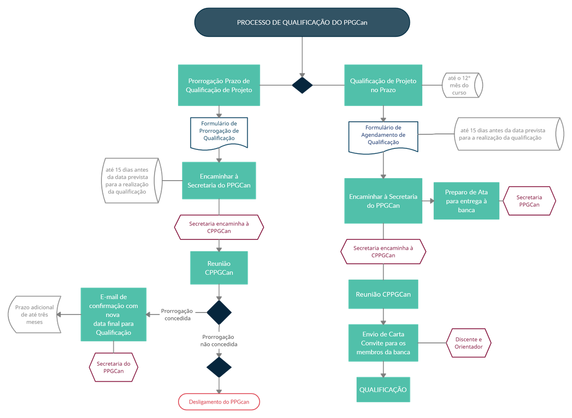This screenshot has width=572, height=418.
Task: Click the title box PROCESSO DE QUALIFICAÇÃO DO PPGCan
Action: click(302, 22)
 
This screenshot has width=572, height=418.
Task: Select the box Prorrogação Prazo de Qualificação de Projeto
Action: click(219, 86)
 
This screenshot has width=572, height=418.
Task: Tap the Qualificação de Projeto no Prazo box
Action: click(383, 86)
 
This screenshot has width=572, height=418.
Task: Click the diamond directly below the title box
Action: click(302, 85)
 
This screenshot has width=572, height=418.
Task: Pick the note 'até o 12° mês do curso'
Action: click(462, 86)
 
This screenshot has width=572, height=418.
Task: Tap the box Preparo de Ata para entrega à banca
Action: click(466, 201)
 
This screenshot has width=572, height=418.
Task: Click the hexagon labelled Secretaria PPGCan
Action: click(529, 201)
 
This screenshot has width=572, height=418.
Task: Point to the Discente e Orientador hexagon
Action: click(469, 343)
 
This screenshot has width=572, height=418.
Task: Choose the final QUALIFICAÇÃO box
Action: click(383, 390)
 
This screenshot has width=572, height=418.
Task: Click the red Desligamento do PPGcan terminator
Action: click(219, 402)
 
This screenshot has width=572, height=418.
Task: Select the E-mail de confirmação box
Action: click(113, 314)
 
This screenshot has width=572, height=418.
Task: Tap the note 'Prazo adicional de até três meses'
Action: click(35, 314)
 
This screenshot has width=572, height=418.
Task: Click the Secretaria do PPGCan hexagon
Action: click(113, 367)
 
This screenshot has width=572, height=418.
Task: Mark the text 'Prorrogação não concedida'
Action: click(219, 340)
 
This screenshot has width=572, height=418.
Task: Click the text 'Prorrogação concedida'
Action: click(177, 314)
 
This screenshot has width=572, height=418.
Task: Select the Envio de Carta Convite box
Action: click(383, 343)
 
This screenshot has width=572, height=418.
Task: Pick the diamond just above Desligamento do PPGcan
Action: click(219, 367)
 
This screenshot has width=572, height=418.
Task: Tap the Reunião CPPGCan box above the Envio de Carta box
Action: click(383, 294)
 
